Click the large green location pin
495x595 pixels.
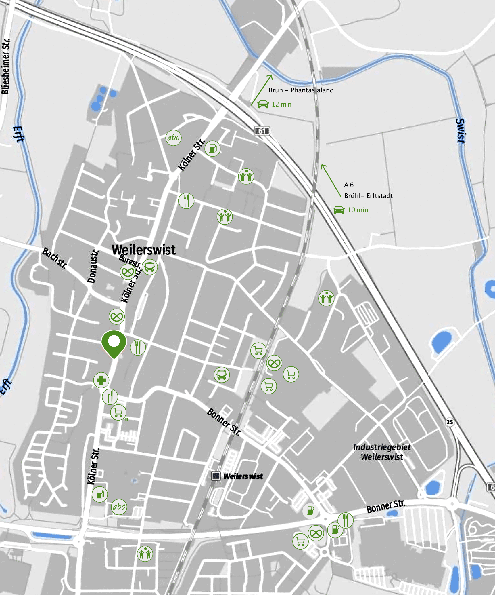click(114, 343)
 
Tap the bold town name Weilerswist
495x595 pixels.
click(144, 250)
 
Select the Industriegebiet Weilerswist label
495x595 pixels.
click(382, 452)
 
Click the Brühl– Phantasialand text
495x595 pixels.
click(301, 90)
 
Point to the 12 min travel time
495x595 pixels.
click(281, 104)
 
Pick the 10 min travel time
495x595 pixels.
click(358, 210)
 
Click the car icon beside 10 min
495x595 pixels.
click(339, 210)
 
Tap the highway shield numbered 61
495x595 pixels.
click(262, 131)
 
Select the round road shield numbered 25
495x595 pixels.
click(450, 422)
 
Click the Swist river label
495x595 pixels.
click(461, 131)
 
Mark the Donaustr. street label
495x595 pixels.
click(93, 267)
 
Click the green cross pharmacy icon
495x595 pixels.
click(101, 380)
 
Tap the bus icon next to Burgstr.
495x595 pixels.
click(149, 267)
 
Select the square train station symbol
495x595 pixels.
click(216, 476)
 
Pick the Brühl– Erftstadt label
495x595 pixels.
click(369, 196)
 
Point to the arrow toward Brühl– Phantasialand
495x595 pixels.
click(261, 90)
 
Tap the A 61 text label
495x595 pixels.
click(351, 185)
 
